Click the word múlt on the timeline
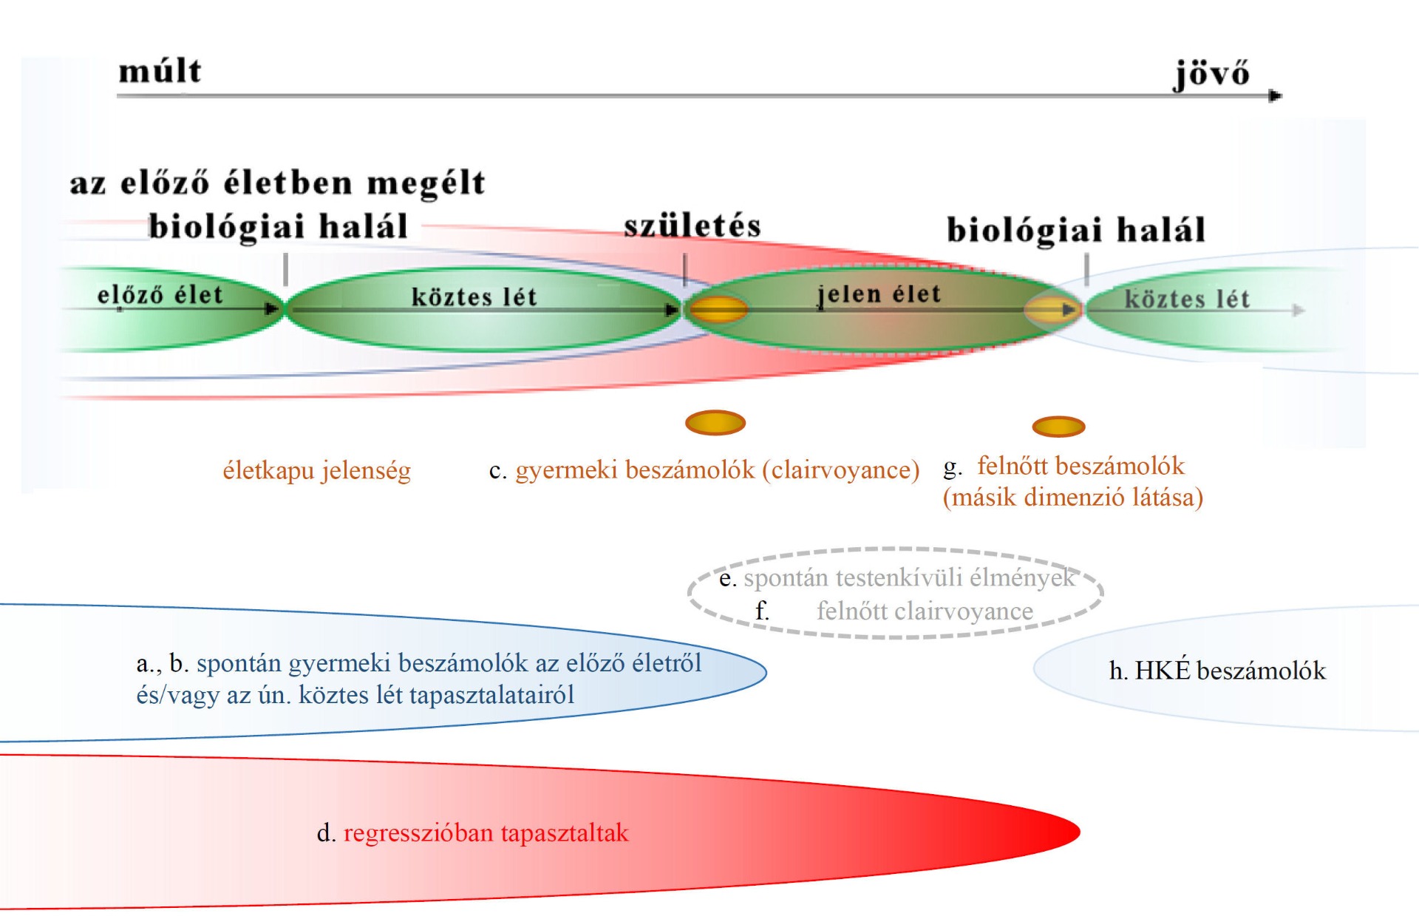coord(160,71)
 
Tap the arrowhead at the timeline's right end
coord(1276,95)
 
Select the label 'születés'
coord(692,225)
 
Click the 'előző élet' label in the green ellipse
coord(160,295)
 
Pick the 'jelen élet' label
coord(879,295)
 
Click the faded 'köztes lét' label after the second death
coord(1187,299)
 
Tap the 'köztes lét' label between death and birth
coord(474,296)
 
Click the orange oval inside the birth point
coord(717,309)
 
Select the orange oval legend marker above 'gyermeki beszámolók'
coord(715,423)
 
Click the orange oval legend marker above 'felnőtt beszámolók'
coord(1058,427)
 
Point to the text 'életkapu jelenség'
coord(317,470)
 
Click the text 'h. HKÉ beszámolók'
coord(1217,671)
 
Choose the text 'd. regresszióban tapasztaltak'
coord(472,833)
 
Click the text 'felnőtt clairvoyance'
coord(925,611)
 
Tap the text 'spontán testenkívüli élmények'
coord(909,577)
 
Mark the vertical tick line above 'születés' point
coord(685,270)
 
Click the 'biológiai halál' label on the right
coord(1076,230)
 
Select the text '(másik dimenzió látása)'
coord(1073,498)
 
